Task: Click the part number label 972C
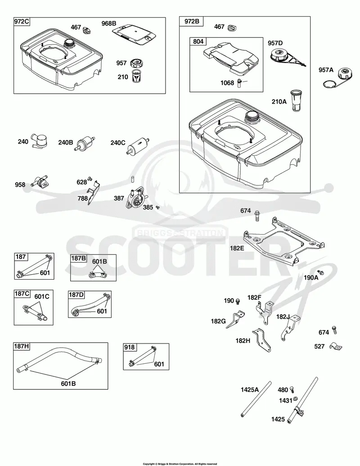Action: point(22,22)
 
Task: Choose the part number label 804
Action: point(198,41)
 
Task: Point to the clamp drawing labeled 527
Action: point(336,346)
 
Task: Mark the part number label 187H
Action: point(22,346)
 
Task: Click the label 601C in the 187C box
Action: point(42,296)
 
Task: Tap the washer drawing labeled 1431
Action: point(296,398)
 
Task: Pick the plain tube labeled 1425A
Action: point(256,399)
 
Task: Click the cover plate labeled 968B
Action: point(134,34)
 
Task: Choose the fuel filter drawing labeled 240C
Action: point(138,145)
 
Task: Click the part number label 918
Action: point(130,347)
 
